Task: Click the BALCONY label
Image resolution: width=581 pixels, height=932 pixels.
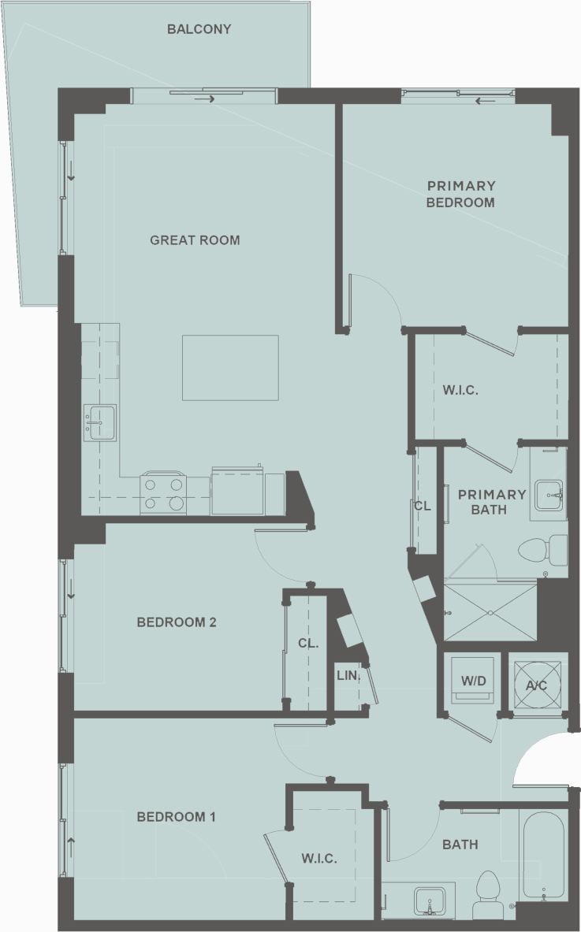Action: click(199, 30)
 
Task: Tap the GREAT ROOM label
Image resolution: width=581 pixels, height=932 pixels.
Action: click(195, 240)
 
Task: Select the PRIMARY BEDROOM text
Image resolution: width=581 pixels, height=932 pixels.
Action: click(461, 194)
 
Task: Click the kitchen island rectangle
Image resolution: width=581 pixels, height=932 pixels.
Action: click(230, 368)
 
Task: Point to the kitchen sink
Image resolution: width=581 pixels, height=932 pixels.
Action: click(100, 423)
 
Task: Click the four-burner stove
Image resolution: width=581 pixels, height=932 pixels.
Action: click(164, 493)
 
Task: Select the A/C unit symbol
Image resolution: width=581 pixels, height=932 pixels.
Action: click(537, 683)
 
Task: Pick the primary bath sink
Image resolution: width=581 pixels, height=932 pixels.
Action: click(549, 495)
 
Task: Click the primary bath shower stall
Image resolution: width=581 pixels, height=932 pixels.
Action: click(490, 612)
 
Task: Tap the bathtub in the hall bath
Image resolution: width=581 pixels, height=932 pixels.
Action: click(543, 856)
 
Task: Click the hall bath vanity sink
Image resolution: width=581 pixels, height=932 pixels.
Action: click(429, 900)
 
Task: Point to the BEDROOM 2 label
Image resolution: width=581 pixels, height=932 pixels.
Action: click(177, 622)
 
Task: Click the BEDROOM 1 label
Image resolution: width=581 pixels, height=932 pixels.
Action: click(176, 817)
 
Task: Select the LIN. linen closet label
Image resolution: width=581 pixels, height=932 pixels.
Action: click(348, 676)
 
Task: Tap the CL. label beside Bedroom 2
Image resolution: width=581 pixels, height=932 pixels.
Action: click(308, 644)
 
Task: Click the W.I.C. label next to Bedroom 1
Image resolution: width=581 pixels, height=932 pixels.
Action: click(319, 859)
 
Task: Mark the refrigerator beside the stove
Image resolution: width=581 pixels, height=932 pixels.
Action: click(237, 493)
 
